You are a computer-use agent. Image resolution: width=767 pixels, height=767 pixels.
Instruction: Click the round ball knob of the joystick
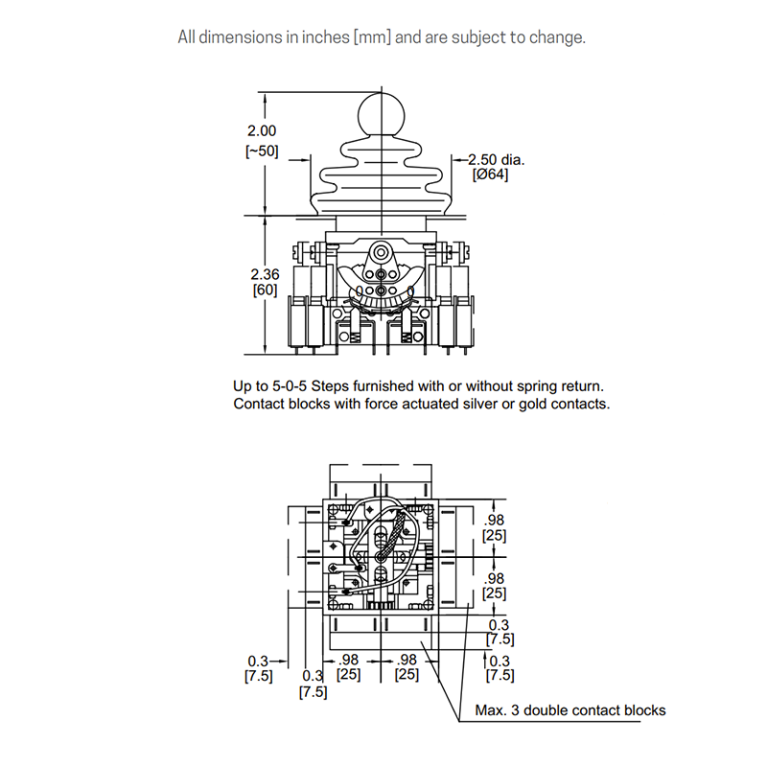point(381,115)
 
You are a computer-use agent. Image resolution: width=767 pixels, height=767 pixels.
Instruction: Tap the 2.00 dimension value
point(262,131)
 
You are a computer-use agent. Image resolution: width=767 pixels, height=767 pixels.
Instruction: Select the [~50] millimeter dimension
point(262,151)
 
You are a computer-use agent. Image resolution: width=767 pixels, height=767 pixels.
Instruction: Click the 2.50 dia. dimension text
point(497,159)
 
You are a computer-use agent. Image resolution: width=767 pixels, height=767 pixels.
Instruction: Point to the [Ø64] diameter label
point(490,174)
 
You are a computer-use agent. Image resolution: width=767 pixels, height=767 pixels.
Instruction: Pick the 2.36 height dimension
point(266,274)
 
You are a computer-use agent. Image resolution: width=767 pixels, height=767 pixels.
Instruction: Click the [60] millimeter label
point(266,290)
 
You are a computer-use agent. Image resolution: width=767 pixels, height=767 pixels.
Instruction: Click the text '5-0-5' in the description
point(290,386)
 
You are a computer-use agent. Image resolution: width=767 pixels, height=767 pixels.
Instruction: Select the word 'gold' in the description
point(531,404)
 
